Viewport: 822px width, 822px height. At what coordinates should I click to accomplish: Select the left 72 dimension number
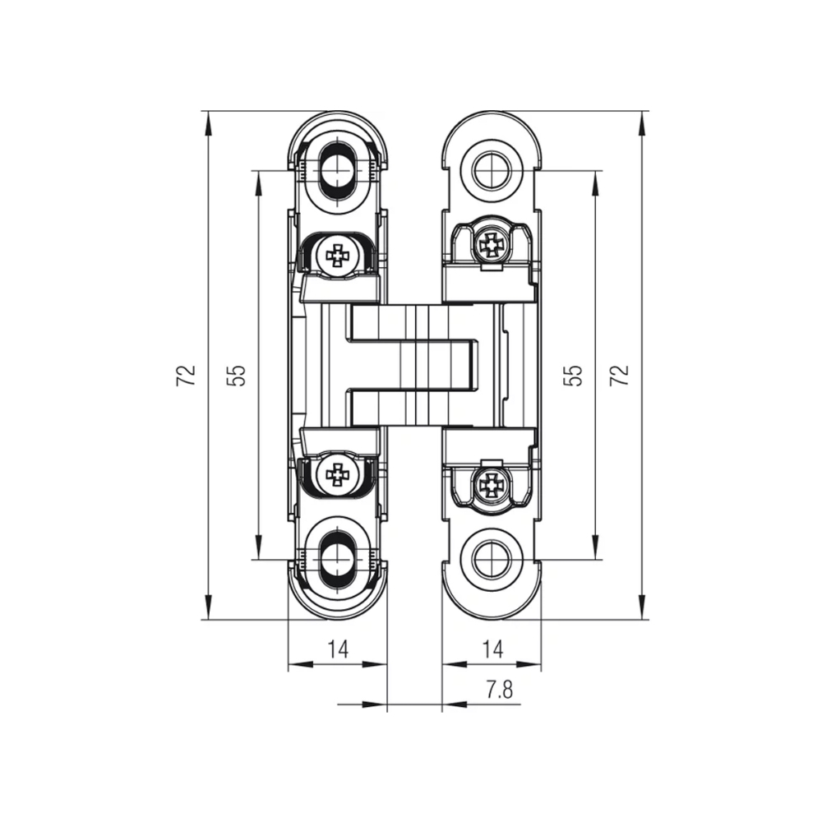click(187, 375)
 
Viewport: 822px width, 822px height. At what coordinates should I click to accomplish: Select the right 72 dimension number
click(622, 375)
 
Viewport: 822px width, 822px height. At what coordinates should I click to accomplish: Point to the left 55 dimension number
click(237, 375)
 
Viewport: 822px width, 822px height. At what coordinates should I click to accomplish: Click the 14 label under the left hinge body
click(338, 649)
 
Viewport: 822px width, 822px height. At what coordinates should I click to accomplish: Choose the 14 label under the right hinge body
click(492, 649)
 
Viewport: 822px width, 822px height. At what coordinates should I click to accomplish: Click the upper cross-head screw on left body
click(338, 255)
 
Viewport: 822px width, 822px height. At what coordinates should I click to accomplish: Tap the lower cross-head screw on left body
click(337, 473)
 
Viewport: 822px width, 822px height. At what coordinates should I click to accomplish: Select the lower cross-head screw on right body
click(492, 485)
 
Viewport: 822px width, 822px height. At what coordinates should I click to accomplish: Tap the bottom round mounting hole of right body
click(492, 560)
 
